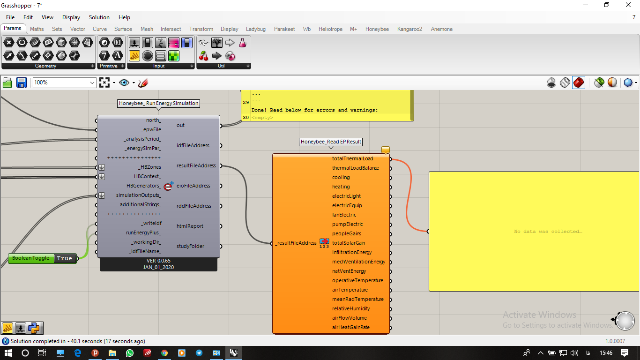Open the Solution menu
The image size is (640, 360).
pos(99,17)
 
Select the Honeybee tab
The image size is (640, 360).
pos(377,29)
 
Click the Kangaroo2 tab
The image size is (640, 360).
pos(409,29)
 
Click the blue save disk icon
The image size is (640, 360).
pos(22,82)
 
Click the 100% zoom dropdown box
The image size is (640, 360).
pos(64,82)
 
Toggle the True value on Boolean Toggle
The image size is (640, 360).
pos(65,258)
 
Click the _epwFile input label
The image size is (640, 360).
pos(151,129)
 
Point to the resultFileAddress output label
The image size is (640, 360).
pos(196,165)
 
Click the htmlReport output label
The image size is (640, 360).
pos(190,226)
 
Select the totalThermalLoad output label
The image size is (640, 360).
pos(353,158)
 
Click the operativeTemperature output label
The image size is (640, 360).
pos(357,280)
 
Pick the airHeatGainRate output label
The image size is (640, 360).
pos(350,327)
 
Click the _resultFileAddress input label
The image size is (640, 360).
pos(296,243)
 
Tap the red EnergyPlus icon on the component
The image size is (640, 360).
pos(169,186)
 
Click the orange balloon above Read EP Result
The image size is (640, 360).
pos(386,150)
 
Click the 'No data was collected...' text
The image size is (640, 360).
pos(548,231)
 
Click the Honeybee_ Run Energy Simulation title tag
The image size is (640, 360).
pos(158,103)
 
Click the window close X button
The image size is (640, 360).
pos(628,5)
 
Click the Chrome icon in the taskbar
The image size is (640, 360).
pos(164,353)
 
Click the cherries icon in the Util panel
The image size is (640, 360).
pos(203,56)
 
